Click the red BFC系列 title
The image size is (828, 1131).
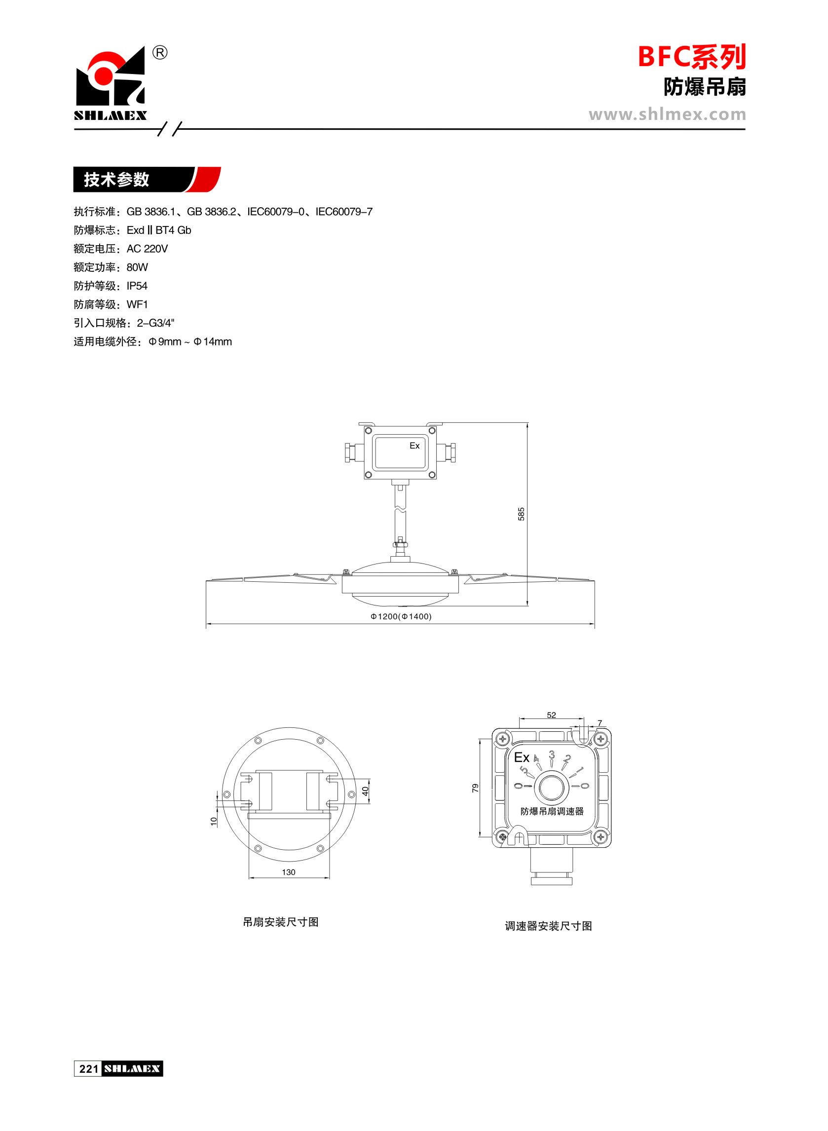[x=692, y=57]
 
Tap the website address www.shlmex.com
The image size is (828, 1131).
[x=667, y=114]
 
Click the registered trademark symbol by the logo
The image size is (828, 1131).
[x=160, y=53]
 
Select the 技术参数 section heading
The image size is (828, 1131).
[x=117, y=180]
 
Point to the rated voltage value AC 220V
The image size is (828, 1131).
[x=148, y=249]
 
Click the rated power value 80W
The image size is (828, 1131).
[x=137, y=267]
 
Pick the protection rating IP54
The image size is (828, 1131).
[x=137, y=286]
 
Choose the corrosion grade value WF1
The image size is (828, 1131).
[x=137, y=304]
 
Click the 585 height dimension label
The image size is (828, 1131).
[x=521, y=514]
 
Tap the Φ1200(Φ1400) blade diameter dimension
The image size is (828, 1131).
[x=401, y=616]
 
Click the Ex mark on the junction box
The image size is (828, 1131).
[x=414, y=446]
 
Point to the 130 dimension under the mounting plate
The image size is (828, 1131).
[x=289, y=872]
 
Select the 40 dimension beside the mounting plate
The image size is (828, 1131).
[x=365, y=791]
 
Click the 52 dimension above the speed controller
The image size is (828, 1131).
[x=551, y=715]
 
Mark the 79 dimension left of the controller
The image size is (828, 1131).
[x=475, y=788]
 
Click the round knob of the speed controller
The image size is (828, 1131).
[x=551, y=787]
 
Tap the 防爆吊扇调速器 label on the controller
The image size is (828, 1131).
[x=552, y=811]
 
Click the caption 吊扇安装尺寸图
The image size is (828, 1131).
[x=281, y=922]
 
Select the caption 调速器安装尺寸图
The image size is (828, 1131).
[x=548, y=926]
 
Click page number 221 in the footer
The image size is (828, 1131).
[x=89, y=1069]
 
